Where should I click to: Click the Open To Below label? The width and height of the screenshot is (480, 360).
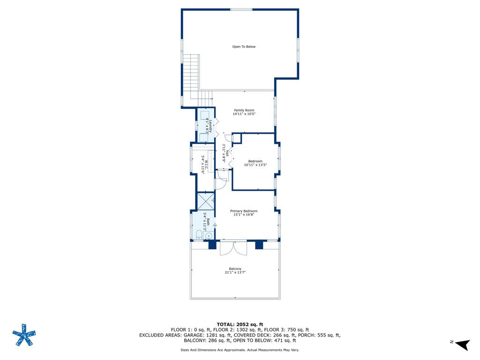pos(244,46)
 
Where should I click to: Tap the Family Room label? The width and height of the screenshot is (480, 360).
pos(244,110)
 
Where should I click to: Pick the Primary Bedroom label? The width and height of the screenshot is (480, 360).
pos(244,211)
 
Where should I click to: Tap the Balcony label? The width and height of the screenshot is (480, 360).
pos(235,269)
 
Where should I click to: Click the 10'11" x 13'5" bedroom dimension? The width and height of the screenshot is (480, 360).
pos(255,165)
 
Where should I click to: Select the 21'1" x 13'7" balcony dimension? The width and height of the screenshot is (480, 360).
pos(235,272)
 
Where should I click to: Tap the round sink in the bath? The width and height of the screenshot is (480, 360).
pos(208,235)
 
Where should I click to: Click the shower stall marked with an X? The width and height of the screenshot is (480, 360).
pos(205,201)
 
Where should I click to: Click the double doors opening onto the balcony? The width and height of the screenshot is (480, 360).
pos(233,248)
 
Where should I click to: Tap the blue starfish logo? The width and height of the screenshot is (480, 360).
pos(24,335)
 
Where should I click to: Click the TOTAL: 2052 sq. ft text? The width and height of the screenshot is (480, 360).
pos(240,324)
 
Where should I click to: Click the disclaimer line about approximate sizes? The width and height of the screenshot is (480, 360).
pos(240,350)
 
